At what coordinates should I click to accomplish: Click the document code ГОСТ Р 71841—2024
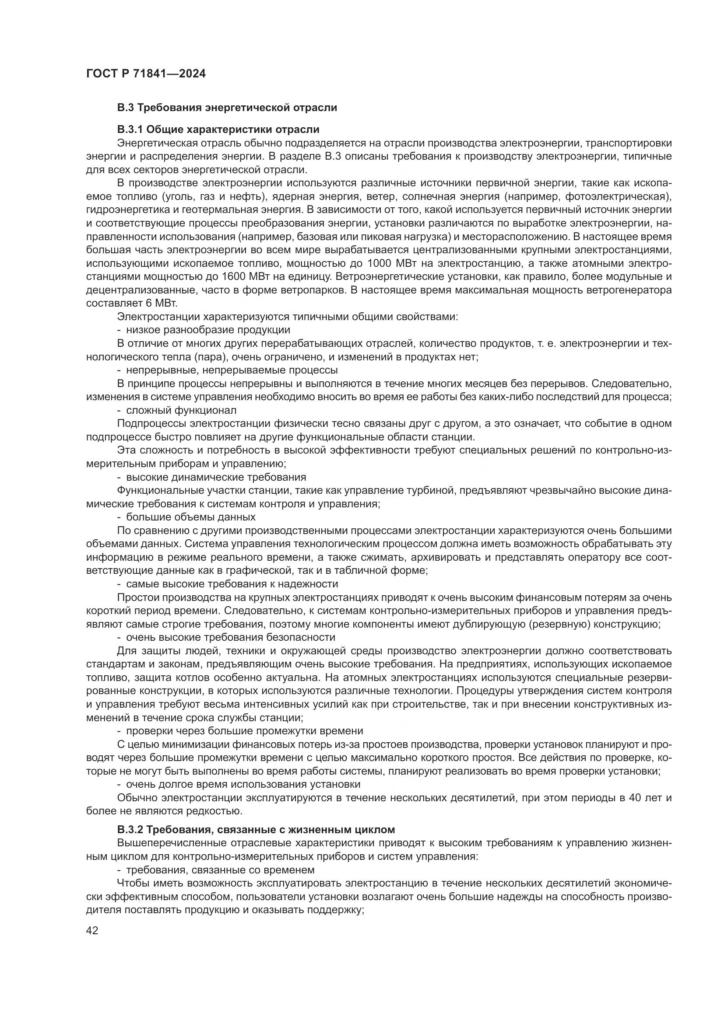(146, 74)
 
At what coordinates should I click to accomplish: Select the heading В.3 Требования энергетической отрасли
(227, 108)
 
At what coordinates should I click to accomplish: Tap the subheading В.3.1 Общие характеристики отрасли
(218, 129)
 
